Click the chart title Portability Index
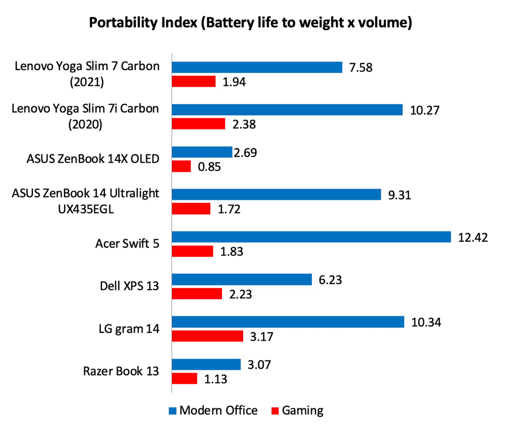250,22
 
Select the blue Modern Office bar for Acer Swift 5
311,237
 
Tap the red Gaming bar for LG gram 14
207,336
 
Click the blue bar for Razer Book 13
206,364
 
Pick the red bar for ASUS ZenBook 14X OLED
181,166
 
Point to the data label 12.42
473,238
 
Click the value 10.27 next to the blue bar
425,110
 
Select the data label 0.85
209,167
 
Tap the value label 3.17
261,337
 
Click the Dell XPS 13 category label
129,286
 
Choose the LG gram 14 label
129,329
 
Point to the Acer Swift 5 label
127,243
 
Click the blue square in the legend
172,411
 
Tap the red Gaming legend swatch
275,411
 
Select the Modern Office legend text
218,410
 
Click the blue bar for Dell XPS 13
242,279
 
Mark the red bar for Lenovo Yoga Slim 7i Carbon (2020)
198,124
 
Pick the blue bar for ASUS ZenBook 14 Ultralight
276,194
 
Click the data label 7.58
361,68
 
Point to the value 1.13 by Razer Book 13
215,379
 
